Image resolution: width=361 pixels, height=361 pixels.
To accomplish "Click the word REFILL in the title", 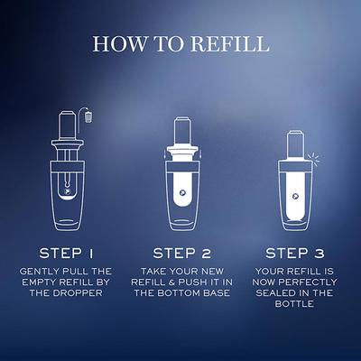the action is coord(230,43).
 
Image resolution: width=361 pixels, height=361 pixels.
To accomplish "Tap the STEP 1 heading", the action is coord(67,254).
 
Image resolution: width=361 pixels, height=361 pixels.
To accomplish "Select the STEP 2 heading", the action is coord(181,254).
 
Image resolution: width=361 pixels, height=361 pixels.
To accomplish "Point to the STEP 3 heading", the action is coord(295,254).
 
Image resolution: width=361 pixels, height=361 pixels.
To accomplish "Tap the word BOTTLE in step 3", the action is coord(294,304).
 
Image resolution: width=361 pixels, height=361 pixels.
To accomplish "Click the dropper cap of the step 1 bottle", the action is coord(67,125).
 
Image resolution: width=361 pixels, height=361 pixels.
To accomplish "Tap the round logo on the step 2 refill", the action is coord(182,192).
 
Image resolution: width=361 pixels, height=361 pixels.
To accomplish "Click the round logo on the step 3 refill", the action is coord(295,197).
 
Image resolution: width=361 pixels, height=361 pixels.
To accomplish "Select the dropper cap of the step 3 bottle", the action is coord(295,145).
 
